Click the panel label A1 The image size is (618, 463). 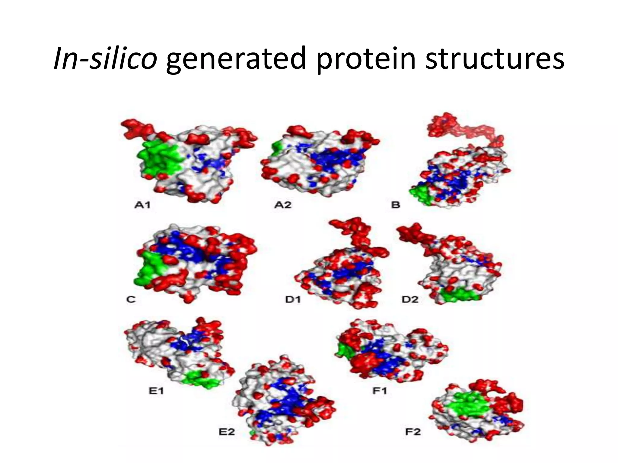(142, 205)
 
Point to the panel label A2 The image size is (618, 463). (283, 205)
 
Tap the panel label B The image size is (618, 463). (396, 205)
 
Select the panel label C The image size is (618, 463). (131, 300)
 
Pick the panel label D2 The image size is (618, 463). (410, 300)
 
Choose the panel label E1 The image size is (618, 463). (156, 391)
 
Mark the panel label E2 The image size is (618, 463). (227, 432)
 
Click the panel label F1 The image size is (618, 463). (380, 391)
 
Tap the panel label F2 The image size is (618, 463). (413, 432)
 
